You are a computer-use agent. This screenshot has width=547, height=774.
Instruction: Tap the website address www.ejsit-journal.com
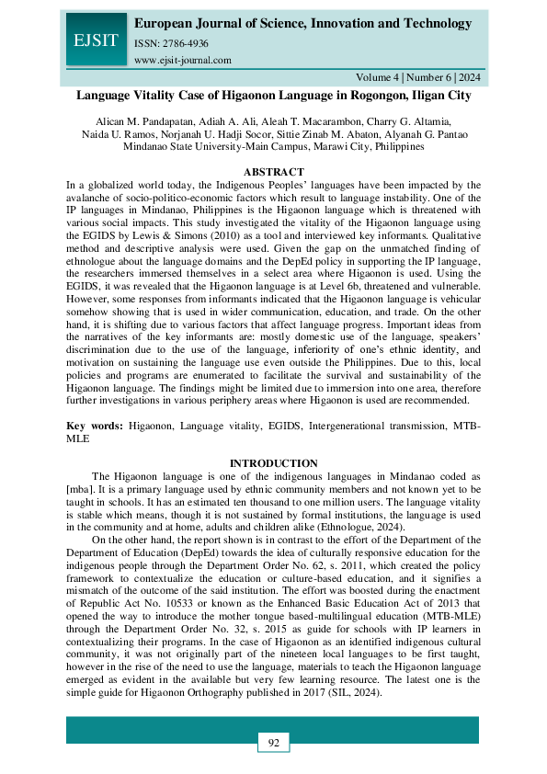(182, 60)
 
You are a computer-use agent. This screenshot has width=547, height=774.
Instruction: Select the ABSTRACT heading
(273, 172)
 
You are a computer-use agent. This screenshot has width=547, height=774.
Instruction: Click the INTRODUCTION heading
(273, 462)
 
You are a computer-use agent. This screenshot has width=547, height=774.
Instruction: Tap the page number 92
(273, 742)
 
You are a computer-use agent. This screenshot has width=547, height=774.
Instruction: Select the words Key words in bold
(95, 427)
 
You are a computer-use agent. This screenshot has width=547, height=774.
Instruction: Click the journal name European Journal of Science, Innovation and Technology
(303, 23)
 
